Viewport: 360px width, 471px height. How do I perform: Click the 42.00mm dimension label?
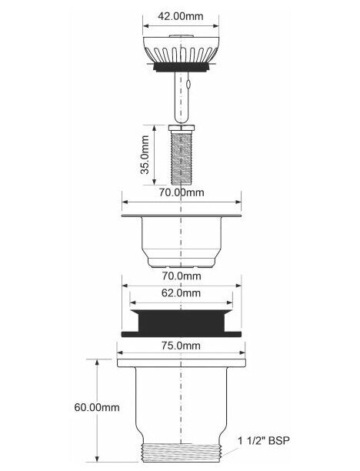tap(181, 16)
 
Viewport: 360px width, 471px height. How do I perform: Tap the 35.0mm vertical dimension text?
tap(145, 155)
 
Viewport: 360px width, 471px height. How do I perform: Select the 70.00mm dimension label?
tap(182, 192)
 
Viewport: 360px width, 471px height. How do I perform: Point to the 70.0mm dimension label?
tap(182, 276)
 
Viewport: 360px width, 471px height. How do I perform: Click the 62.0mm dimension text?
tap(181, 292)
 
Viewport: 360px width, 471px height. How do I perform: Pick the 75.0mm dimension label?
tap(181, 346)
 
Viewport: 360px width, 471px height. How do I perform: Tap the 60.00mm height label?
tap(97, 407)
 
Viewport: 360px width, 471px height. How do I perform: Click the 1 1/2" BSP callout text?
tap(264, 441)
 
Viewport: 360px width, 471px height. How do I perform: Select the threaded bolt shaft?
tap(182, 158)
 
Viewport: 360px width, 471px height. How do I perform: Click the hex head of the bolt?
tap(182, 128)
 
